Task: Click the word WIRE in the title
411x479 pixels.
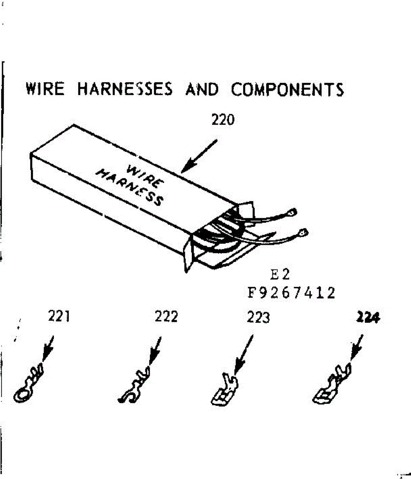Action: (x=45, y=89)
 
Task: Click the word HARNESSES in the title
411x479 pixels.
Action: (x=125, y=89)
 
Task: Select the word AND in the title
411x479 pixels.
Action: (x=202, y=89)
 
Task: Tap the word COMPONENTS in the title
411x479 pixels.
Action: (x=287, y=89)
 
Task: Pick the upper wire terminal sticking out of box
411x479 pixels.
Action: (x=294, y=212)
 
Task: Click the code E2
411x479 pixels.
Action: (x=280, y=275)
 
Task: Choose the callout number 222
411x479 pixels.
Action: (x=166, y=317)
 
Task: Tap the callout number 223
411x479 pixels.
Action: (x=258, y=318)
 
